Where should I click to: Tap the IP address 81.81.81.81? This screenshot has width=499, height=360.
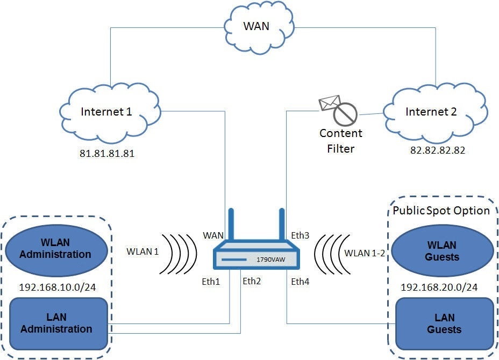tap(107, 153)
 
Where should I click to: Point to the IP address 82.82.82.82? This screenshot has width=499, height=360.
tap(437, 150)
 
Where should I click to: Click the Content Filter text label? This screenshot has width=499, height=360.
tap(341, 140)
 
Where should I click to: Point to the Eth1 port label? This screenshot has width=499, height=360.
tap(211, 281)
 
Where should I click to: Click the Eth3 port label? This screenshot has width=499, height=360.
tap(300, 235)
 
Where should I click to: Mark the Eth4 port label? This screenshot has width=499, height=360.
tap(300, 281)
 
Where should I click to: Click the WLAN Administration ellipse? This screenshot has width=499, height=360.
tap(55, 249)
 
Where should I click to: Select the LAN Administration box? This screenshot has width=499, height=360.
tap(56, 323)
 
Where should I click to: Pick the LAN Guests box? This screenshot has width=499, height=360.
tap(444, 323)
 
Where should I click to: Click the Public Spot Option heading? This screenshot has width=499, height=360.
tap(441, 210)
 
